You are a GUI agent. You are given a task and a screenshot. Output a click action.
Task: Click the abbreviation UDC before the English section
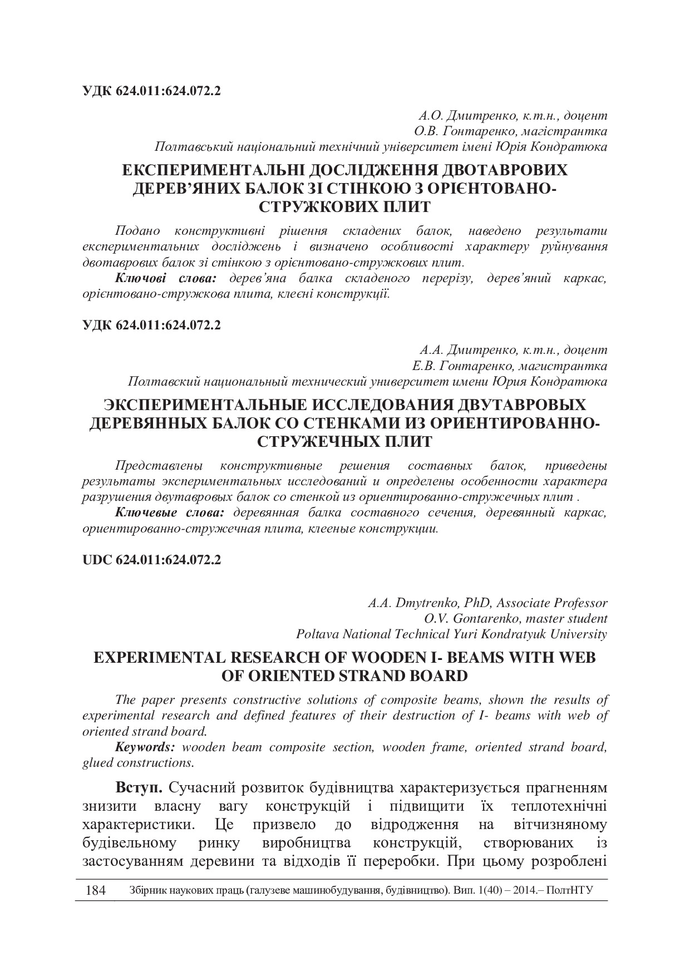(x=97, y=560)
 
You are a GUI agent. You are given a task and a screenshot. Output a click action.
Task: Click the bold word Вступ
(x=139, y=788)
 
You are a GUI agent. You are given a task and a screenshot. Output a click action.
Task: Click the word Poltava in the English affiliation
(x=316, y=634)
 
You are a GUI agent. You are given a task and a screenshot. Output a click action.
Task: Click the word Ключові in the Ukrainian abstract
(x=138, y=278)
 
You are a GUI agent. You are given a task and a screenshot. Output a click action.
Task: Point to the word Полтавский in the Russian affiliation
(x=164, y=382)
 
